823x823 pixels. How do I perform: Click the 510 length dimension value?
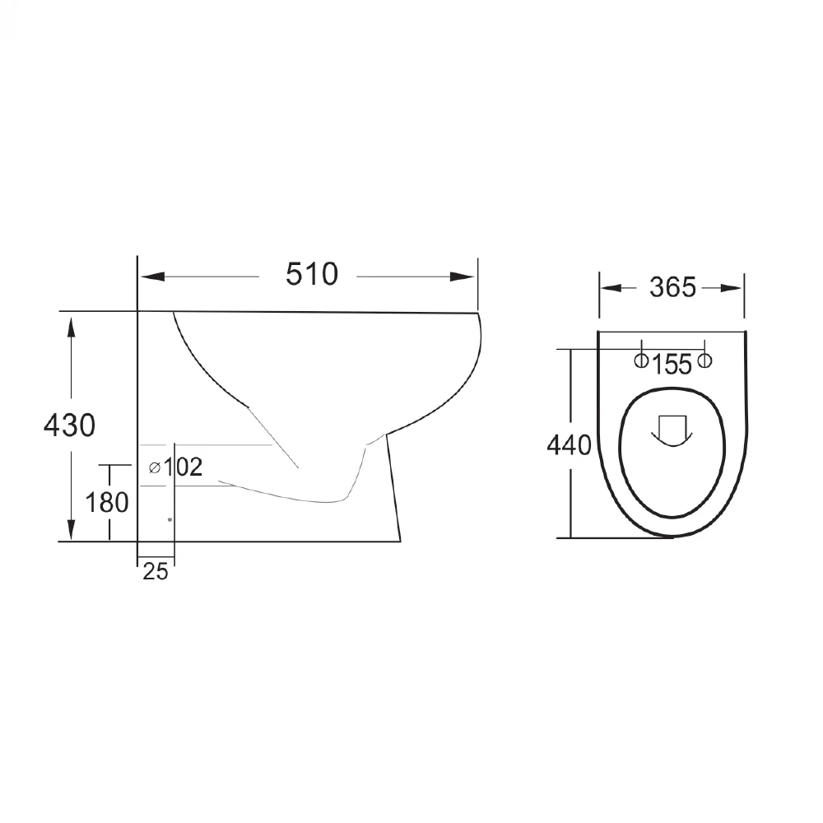pos(312,274)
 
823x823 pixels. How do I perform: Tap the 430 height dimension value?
pos(69,425)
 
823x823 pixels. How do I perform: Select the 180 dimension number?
pos(107,502)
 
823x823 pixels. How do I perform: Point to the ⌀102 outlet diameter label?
pos(176,467)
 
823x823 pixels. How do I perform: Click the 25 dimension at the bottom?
pos(156,572)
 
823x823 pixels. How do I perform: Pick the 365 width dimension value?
pos(673,287)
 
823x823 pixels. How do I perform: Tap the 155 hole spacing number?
pos(672,365)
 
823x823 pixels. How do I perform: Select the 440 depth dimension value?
pos(569,445)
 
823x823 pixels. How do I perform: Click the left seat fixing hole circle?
pos(641,360)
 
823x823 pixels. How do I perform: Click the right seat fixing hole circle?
pos(705,360)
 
